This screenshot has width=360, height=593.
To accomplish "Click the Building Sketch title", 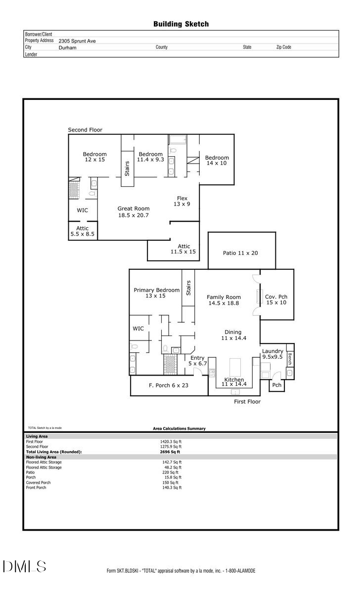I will (x=181, y=24).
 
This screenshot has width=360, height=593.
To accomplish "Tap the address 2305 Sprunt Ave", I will (x=77, y=41).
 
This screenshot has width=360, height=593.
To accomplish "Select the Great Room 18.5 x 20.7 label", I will (x=133, y=212).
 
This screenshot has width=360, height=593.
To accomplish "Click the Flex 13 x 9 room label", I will (x=182, y=201).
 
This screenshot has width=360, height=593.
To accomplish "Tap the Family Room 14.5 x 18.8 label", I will (x=224, y=300).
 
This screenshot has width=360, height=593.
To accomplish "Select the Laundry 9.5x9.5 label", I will (x=272, y=354).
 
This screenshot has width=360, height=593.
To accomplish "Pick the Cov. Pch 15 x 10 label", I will (x=276, y=299).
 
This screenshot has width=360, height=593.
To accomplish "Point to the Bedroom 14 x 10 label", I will (x=217, y=160).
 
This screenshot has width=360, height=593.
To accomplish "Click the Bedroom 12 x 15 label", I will (x=94, y=157).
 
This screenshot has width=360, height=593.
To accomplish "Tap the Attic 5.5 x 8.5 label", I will (x=82, y=231).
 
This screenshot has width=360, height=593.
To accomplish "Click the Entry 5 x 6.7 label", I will (x=197, y=361).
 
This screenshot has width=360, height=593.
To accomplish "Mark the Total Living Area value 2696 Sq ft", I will (x=170, y=452).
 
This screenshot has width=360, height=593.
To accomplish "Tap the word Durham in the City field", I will (x=67, y=47).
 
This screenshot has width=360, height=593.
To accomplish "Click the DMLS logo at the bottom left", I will (x=24, y=566).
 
